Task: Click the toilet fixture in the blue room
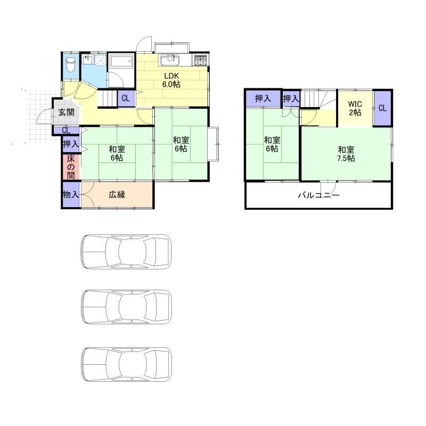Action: (x=70, y=64)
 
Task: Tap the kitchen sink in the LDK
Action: (x=170, y=60)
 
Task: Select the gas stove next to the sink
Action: (x=201, y=60)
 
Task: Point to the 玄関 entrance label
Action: (x=67, y=112)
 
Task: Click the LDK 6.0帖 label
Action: (x=171, y=80)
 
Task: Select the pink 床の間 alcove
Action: (x=71, y=167)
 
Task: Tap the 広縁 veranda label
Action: (x=117, y=194)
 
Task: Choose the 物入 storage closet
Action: (x=71, y=194)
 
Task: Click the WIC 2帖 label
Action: (x=355, y=108)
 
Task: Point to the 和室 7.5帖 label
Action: (x=346, y=154)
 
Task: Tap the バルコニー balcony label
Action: (x=319, y=195)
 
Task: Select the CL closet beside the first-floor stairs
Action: (x=126, y=98)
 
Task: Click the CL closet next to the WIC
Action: (x=382, y=108)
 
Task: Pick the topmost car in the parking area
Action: (x=126, y=252)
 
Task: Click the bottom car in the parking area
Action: (x=127, y=364)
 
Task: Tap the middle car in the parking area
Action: (x=127, y=307)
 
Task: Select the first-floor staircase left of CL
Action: (x=108, y=99)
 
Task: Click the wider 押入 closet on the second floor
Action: (x=263, y=99)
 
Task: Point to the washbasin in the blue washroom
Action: (x=88, y=60)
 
